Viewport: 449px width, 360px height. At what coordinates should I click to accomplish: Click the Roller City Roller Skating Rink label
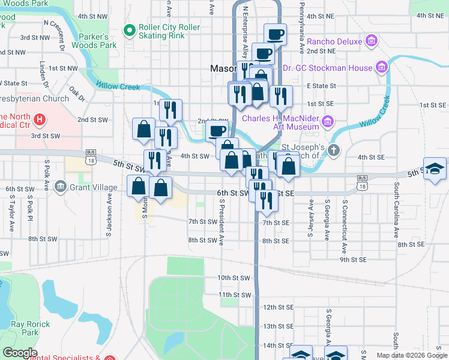pyautogui.click(x=169, y=32)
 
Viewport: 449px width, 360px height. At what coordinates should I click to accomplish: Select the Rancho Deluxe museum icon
pyautogui.click(x=372, y=41)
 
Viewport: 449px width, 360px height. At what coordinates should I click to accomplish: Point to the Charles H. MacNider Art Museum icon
pyautogui.click(x=327, y=122)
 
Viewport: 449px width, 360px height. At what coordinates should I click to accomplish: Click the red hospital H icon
pyautogui.click(x=40, y=120)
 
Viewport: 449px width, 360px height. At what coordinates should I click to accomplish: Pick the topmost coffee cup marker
pyautogui.click(x=275, y=34)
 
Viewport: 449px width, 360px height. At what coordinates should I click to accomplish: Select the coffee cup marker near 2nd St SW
pyautogui.click(x=217, y=130)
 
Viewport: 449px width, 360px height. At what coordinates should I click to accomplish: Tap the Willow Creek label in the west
pyautogui.click(x=118, y=86)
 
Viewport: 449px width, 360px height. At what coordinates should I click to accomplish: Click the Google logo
pyautogui.click(x=19, y=353)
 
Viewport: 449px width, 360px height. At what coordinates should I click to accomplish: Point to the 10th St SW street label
pyautogui.click(x=233, y=278)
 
